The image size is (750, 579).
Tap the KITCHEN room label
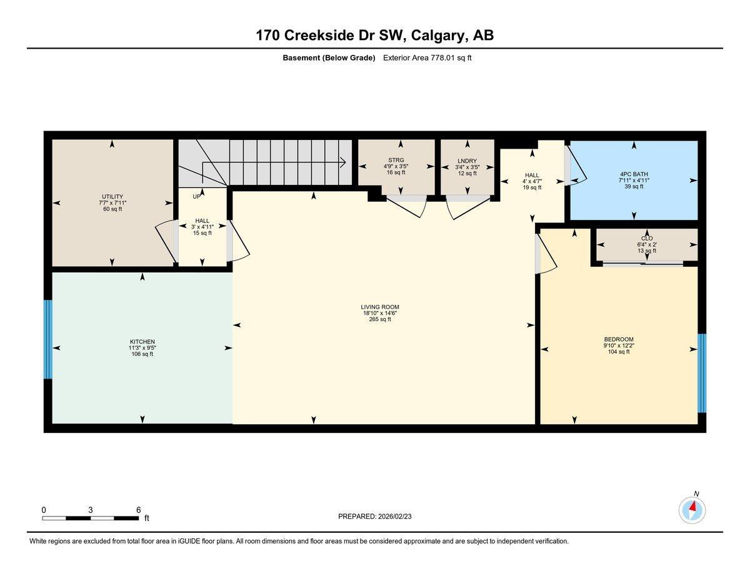click(x=142, y=342)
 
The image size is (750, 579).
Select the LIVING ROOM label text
click(x=379, y=307)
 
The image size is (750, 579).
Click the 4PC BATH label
click(x=634, y=174)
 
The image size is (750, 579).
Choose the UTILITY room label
click(x=112, y=197)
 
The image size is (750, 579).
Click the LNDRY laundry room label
click(x=467, y=161)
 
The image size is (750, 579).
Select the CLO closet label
click(x=646, y=239)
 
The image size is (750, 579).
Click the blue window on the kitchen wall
click(x=47, y=339)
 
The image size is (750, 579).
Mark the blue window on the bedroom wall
click(x=702, y=373)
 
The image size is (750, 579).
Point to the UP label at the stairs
click(x=197, y=196)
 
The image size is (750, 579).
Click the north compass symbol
click(x=692, y=510)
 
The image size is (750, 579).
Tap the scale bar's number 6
click(x=138, y=510)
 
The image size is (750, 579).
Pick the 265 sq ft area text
click(x=379, y=319)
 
